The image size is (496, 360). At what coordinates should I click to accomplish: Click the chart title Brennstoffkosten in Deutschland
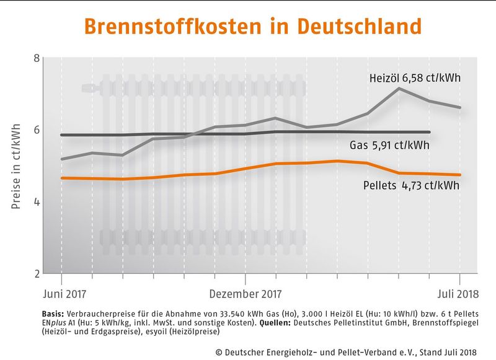pos(252,27)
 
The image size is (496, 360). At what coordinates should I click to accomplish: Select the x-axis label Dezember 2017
pos(245,293)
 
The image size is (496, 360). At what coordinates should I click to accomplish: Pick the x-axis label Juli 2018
pos(458,293)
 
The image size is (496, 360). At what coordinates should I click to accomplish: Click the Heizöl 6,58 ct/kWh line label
pos(413,79)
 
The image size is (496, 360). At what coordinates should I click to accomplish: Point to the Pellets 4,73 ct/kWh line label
pos(410,185)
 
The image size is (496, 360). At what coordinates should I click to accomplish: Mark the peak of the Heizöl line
pos(399,89)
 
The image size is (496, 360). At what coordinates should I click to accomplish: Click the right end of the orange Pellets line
pos(459,175)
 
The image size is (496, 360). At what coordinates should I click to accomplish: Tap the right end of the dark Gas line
pos(430,132)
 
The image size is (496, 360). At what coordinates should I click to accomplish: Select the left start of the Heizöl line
pos(62,159)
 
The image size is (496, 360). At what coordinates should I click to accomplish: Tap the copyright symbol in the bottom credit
pos(219,351)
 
